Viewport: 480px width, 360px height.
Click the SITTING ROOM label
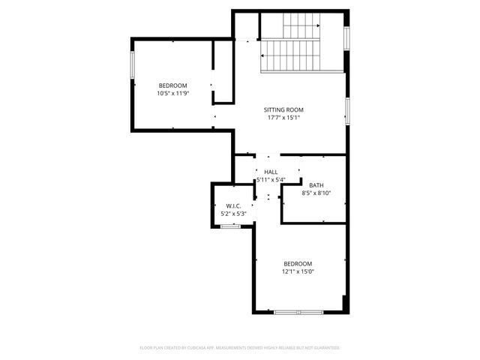click(x=289, y=109)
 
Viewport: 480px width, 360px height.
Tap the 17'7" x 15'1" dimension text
click(x=289, y=118)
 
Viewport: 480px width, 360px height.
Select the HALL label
click(x=271, y=172)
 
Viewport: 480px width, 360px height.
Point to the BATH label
click(x=316, y=184)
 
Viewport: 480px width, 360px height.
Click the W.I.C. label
click(x=233, y=206)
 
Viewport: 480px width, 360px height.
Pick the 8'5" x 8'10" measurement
click(x=316, y=193)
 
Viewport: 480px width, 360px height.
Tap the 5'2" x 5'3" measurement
click(x=233, y=214)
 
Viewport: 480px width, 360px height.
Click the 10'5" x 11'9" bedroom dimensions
click(x=172, y=94)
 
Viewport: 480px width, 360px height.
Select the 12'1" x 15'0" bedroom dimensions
click(x=298, y=271)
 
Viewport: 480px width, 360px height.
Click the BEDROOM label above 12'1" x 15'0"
click(x=298, y=263)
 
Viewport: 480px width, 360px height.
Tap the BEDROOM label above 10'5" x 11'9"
click(x=172, y=85)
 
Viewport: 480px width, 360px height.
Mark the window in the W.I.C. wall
click(x=230, y=226)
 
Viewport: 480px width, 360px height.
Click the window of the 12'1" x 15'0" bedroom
click(x=298, y=311)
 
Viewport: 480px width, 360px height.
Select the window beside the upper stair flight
click(x=346, y=38)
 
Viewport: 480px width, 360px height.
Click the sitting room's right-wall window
click(x=346, y=109)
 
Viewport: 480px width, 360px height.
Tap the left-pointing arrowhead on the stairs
click(x=263, y=56)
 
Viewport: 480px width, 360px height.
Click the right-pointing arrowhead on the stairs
click(x=318, y=27)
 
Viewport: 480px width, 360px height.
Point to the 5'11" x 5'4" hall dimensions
click(x=271, y=180)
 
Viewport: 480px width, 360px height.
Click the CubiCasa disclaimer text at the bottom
click(x=240, y=348)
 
